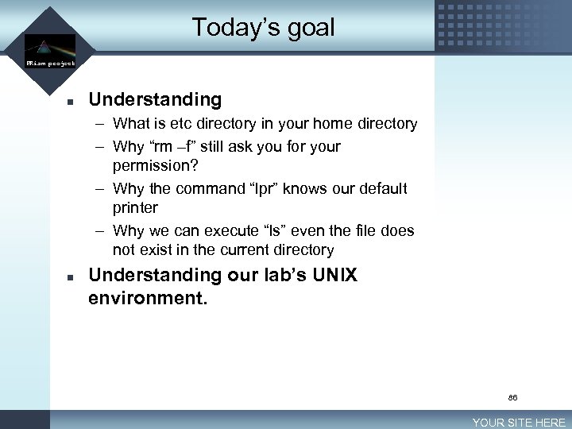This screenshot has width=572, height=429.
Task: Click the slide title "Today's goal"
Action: [263, 28]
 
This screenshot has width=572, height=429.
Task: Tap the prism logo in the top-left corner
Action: [49, 45]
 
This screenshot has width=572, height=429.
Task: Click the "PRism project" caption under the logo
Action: [50, 63]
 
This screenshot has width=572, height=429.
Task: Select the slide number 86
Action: [512, 396]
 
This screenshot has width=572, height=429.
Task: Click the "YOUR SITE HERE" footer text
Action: [519, 423]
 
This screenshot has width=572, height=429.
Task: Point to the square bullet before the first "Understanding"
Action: [71, 102]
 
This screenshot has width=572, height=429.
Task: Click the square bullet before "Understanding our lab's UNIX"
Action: [71, 278]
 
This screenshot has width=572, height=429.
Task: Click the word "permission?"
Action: [155, 166]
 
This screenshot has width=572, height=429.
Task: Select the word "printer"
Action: [136, 208]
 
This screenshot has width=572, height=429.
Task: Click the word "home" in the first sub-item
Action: [333, 124]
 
